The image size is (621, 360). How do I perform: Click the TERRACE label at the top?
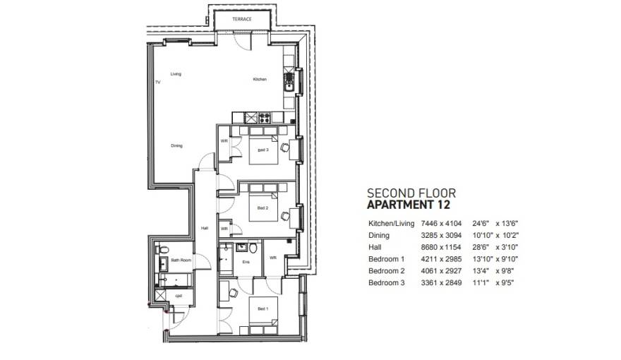click(242, 20)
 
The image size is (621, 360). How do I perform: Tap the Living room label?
click(176, 73)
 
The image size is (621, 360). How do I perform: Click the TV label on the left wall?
click(157, 83)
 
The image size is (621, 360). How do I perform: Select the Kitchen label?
click(260, 79)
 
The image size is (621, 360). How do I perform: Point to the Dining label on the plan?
click(176, 146)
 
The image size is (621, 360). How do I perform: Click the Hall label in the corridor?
click(205, 228)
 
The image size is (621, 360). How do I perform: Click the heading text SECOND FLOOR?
click(411, 193)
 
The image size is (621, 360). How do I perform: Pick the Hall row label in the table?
click(375, 247)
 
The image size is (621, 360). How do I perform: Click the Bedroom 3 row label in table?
click(386, 283)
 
